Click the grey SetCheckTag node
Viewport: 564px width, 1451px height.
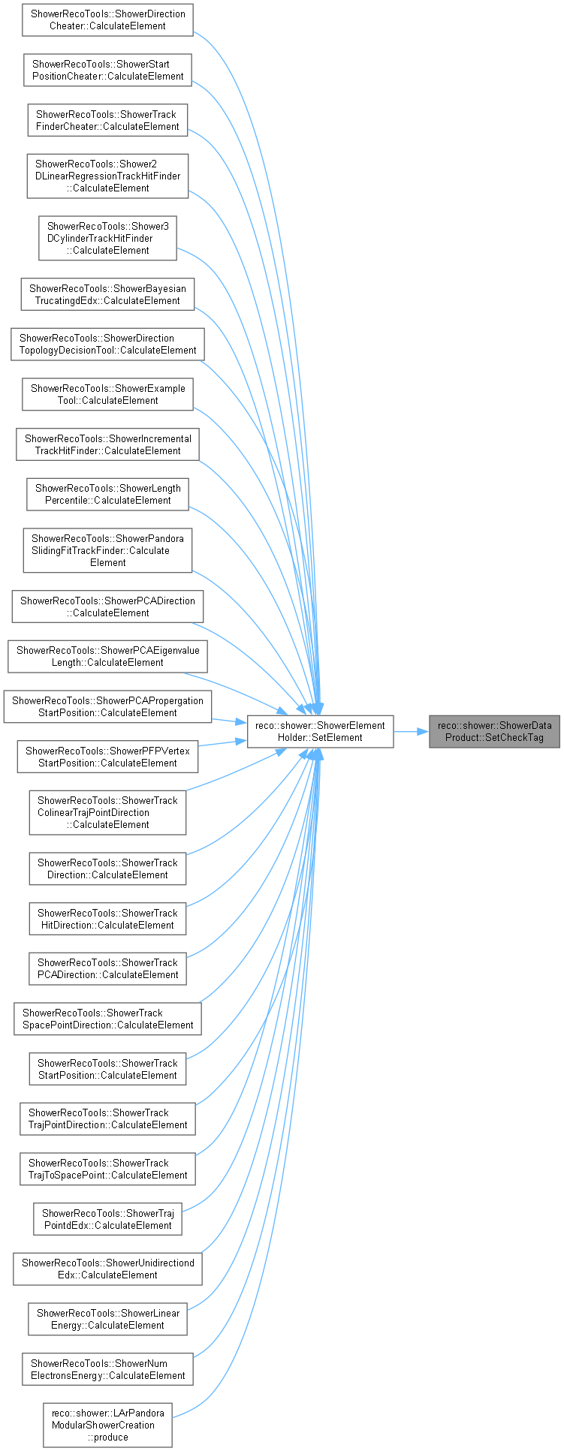pos(494,731)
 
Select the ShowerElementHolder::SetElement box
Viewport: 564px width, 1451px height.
pos(320,731)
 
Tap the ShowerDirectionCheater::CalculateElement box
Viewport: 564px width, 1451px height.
pos(107,20)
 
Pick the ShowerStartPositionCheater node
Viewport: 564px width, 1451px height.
pos(107,70)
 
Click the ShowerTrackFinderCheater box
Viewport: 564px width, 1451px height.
pos(107,120)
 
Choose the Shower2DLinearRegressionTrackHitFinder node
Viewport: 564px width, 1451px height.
pos(107,176)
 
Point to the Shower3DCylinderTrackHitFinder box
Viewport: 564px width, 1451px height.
pos(107,239)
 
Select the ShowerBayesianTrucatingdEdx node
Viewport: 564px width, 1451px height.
pos(107,294)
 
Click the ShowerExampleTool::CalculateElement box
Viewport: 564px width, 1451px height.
pos(107,394)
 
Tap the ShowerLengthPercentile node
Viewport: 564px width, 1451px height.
pos(107,494)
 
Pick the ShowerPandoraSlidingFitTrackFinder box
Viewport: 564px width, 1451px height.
pos(107,550)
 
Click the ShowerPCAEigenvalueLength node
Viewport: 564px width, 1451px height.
pos(107,656)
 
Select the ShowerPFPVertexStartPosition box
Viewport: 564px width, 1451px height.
pos(107,757)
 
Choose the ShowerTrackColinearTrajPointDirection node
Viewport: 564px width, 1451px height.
pos(107,812)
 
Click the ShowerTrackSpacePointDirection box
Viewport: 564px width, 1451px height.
pos(107,1019)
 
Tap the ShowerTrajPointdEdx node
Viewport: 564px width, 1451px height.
pos(107,1219)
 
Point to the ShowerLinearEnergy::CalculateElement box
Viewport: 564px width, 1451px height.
pos(107,1319)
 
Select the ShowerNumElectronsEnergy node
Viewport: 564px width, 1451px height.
pos(107,1369)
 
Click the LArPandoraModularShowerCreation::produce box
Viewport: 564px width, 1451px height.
pos(107,1425)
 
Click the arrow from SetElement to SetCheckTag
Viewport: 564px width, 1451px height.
pos(411,731)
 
